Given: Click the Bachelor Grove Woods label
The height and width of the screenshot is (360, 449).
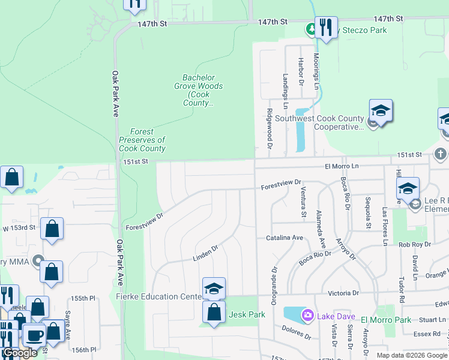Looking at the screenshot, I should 202,90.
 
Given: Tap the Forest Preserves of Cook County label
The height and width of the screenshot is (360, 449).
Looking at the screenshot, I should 142,140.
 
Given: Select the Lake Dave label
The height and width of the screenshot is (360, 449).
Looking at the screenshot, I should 337,316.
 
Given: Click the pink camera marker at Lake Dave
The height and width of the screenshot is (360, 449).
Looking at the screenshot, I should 309,314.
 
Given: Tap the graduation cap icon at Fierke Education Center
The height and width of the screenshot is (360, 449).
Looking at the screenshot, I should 214,289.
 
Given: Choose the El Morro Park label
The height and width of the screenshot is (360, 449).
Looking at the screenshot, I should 387,320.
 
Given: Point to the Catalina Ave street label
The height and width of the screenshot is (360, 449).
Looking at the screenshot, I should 285,238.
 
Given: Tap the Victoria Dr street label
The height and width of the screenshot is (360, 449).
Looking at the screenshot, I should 343,293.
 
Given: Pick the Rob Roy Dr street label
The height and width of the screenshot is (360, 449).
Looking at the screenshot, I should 412,244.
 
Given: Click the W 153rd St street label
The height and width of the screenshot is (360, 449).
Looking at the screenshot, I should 19,228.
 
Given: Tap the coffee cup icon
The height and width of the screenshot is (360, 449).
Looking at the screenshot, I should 33,335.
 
